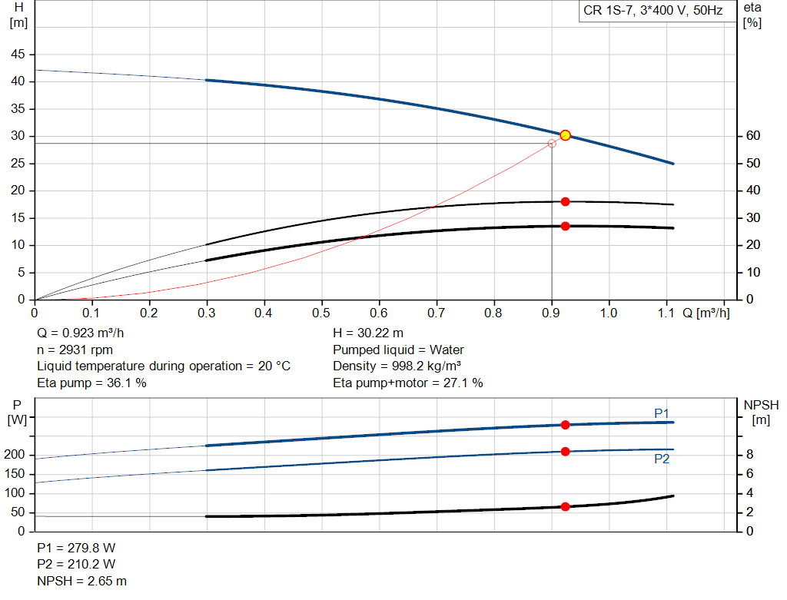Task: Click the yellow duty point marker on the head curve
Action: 565,135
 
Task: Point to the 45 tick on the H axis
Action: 18,55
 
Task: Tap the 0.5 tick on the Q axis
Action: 321,313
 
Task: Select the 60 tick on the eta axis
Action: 752,136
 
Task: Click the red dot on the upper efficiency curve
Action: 565,201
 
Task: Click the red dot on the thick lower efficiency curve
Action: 565,226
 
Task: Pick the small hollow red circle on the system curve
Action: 551,144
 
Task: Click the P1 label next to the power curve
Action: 662,413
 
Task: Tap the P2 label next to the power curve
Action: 662,459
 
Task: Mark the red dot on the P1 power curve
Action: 565,425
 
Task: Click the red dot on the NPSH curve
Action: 565,506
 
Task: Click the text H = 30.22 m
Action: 368,333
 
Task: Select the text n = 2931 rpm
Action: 75,350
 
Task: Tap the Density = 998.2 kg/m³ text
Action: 397,366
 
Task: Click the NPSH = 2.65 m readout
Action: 81,581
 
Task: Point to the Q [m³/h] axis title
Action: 706,313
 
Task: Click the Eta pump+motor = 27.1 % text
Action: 407,383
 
